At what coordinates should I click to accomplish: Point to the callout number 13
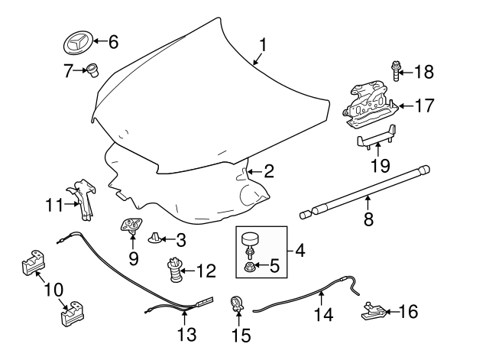coord(186,335)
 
